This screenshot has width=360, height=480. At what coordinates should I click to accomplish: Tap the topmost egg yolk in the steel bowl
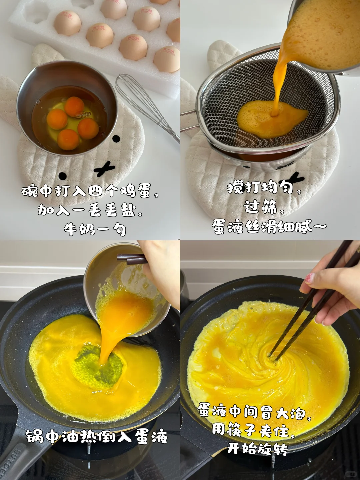tap(74, 106)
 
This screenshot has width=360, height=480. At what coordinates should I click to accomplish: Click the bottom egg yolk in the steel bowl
tap(68, 140)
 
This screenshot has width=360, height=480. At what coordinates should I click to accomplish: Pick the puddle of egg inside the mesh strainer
tap(273, 119)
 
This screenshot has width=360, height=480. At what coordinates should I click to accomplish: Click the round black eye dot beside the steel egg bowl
tap(116, 138)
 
